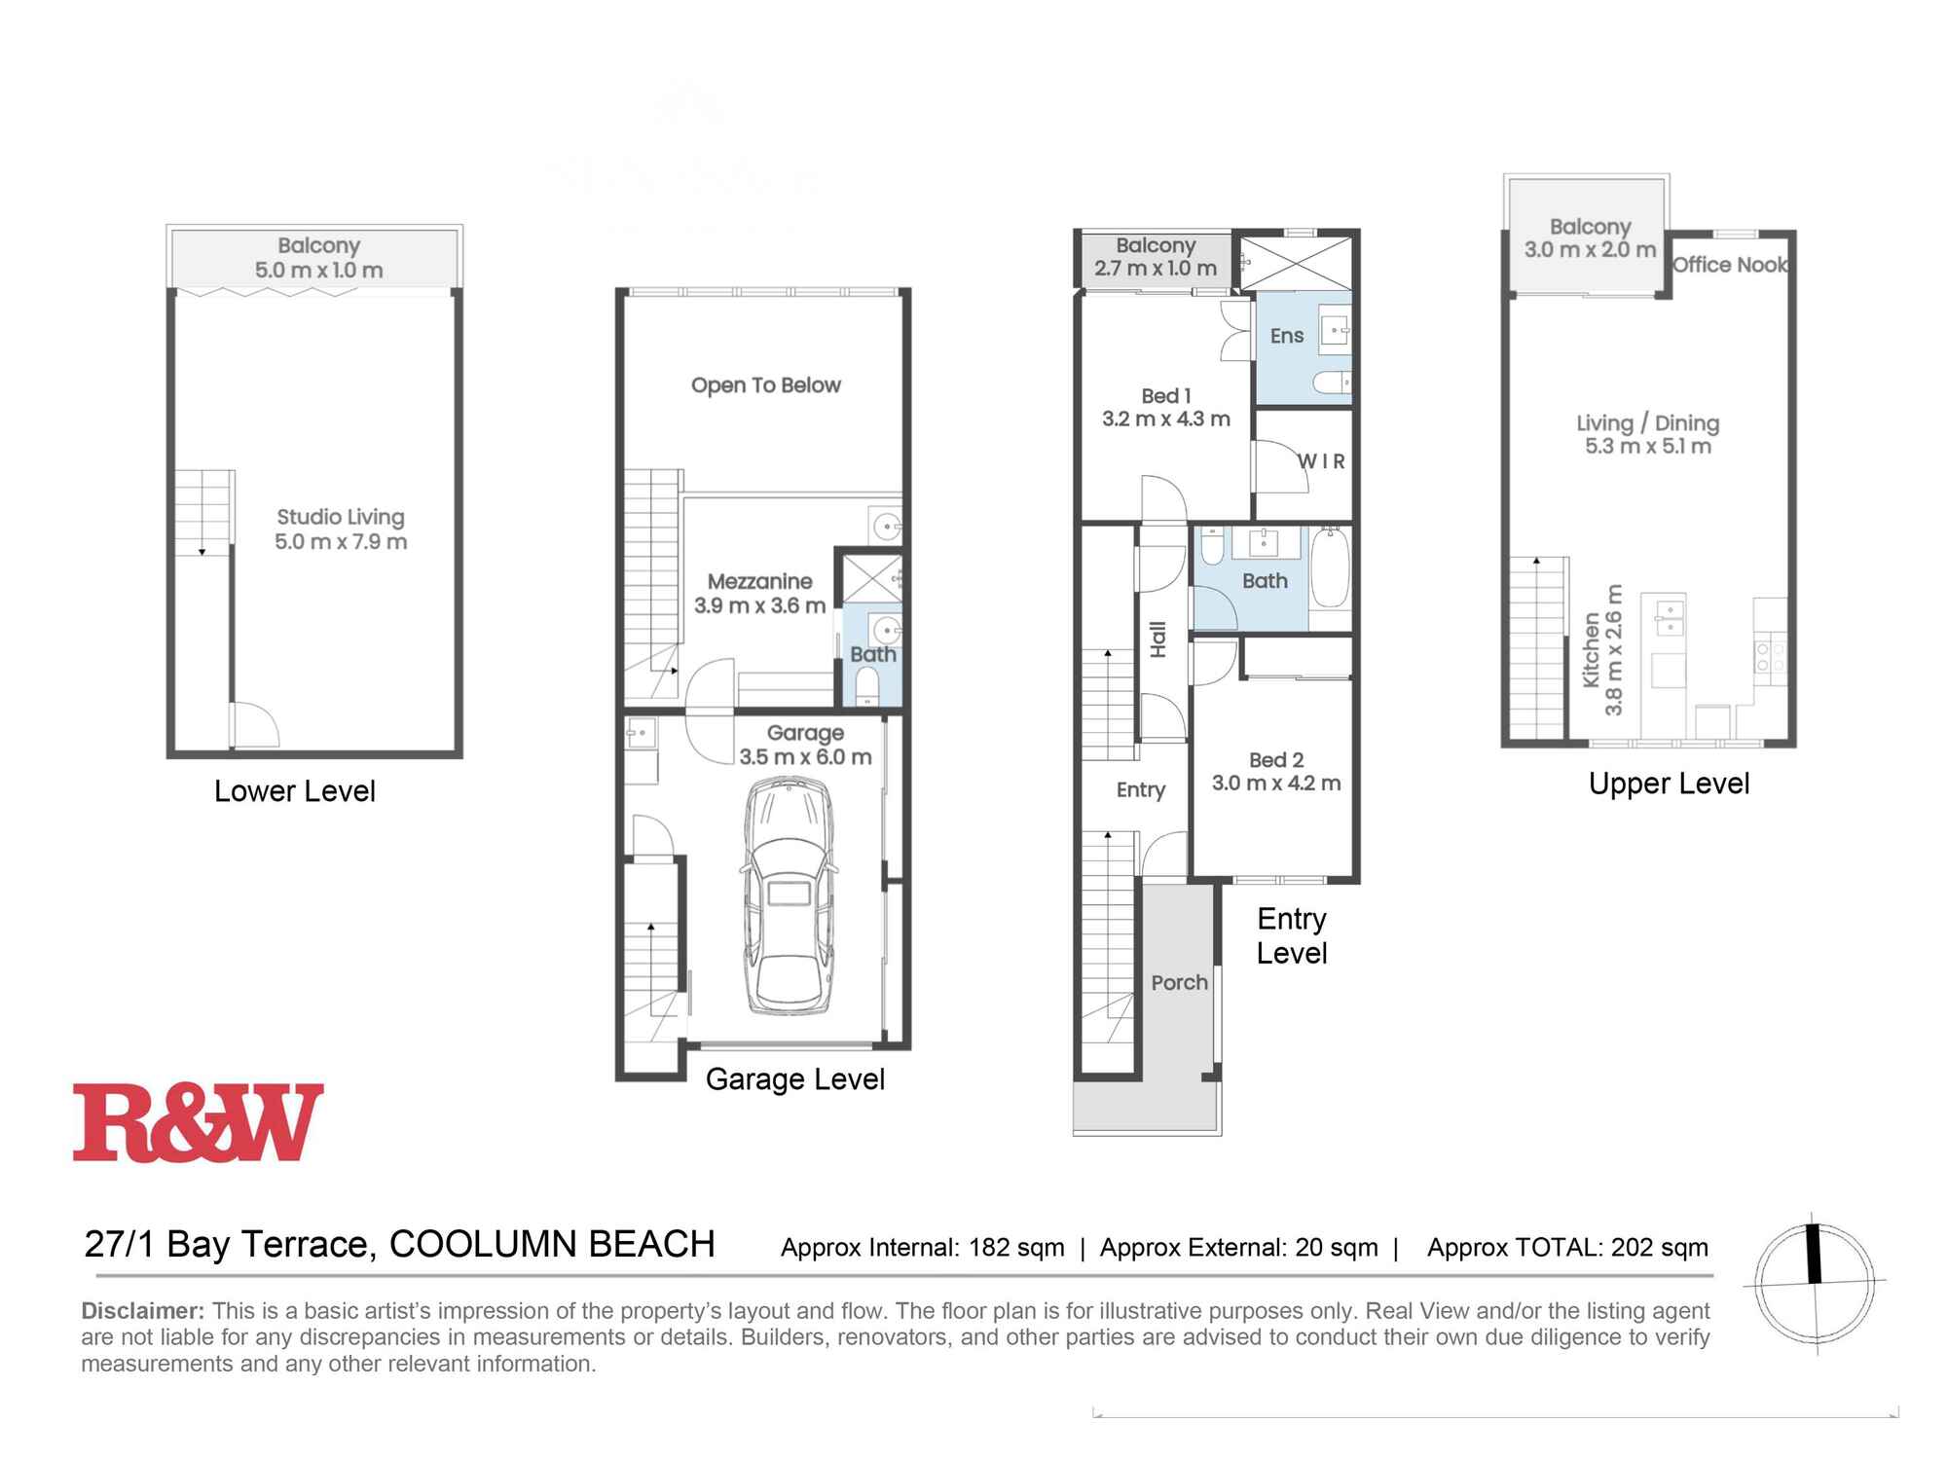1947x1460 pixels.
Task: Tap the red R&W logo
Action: point(198,1122)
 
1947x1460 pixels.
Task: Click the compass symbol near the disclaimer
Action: point(1815,1283)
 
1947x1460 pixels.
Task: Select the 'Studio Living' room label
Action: point(340,518)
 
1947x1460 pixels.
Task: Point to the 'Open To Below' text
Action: point(765,385)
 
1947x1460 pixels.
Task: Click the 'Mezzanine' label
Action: point(759,582)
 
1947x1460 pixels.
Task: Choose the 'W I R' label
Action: point(1321,461)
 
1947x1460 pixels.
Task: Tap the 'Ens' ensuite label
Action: point(1286,337)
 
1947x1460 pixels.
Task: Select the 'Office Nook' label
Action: point(1730,265)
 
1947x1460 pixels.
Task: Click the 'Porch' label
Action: point(1179,983)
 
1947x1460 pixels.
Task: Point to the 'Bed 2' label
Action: point(1275,760)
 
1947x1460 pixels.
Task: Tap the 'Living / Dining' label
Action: point(1647,423)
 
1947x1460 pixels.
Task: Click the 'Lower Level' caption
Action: point(294,791)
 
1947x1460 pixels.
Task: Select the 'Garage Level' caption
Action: point(794,1079)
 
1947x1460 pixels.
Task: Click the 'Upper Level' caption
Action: point(1669,784)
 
